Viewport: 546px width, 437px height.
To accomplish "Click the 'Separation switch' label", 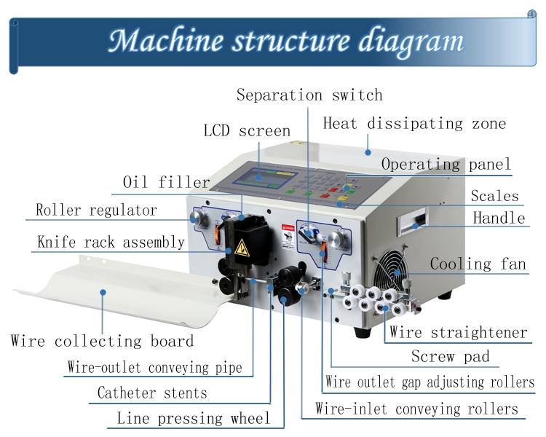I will [x=309, y=95].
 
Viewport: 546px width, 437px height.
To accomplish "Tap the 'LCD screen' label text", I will [x=247, y=132].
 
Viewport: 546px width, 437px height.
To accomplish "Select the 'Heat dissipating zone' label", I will [x=414, y=123].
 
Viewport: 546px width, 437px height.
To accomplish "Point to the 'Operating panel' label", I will [x=446, y=165].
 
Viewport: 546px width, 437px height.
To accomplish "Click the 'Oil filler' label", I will [x=166, y=182].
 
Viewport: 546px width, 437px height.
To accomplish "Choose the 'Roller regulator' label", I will [x=96, y=210].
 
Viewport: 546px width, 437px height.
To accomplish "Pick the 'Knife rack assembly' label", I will [x=111, y=242].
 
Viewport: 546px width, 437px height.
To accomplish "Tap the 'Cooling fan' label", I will [x=478, y=264].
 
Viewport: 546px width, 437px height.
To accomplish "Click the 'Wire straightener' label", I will [x=458, y=333].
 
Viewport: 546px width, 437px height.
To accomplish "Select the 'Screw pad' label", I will [x=450, y=357].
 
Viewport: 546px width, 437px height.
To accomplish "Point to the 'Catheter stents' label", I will [x=152, y=393].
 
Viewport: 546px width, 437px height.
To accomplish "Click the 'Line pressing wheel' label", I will [x=193, y=419].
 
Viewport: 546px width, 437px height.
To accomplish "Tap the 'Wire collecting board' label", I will [x=102, y=341].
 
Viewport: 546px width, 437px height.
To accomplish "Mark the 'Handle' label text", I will [x=499, y=218].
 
